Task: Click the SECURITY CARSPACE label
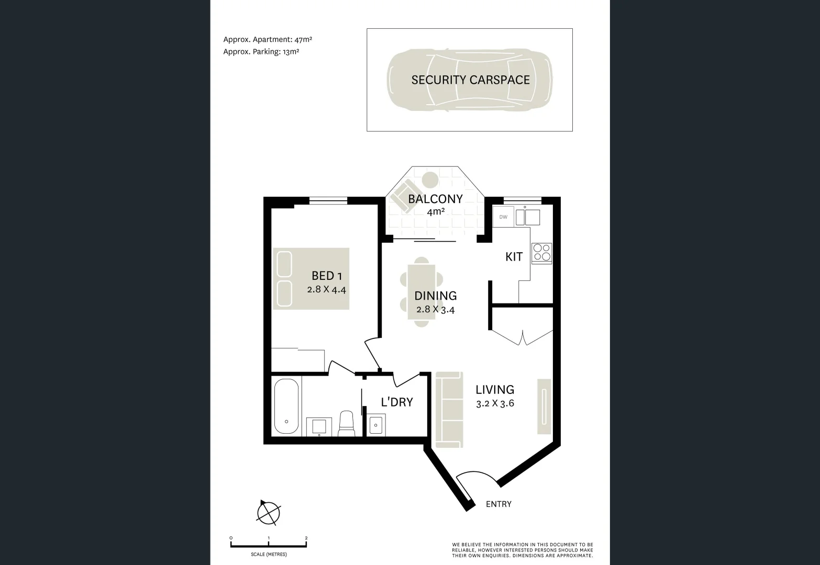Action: click(470, 80)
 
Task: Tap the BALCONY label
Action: click(435, 199)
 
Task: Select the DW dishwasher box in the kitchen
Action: click(503, 217)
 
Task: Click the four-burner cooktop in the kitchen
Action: click(541, 253)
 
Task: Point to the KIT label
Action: click(514, 257)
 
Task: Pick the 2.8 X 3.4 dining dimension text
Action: click(435, 309)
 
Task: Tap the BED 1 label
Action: click(327, 275)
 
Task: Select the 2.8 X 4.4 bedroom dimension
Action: click(327, 289)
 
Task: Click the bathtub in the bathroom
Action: click(286, 406)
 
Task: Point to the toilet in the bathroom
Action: click(347, 424)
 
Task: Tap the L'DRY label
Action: click(396, 402)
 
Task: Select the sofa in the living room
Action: click(449, 410)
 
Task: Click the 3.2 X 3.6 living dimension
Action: click(495, 403)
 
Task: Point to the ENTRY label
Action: click(498, 504)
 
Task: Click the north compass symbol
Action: click(269, 512)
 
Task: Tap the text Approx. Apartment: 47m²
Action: click(268, 39)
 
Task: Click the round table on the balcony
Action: click(430, 179)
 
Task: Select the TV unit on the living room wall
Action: click(544, 405)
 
